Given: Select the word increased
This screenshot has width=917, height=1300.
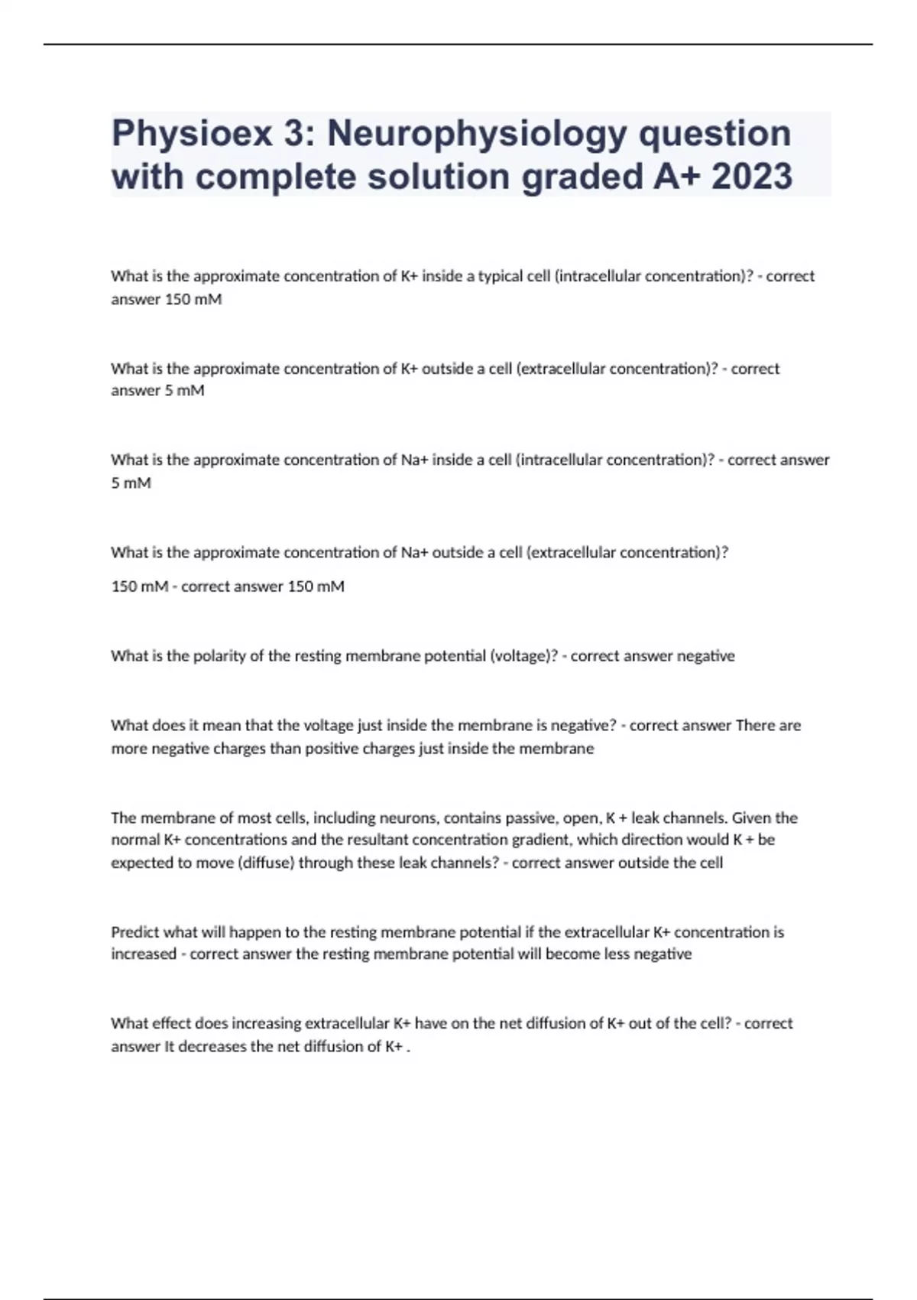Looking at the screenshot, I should tap(143, 954).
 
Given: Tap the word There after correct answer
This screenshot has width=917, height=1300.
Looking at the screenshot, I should tap(755, 726).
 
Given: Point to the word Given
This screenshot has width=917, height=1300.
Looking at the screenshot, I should tap(751, 818).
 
